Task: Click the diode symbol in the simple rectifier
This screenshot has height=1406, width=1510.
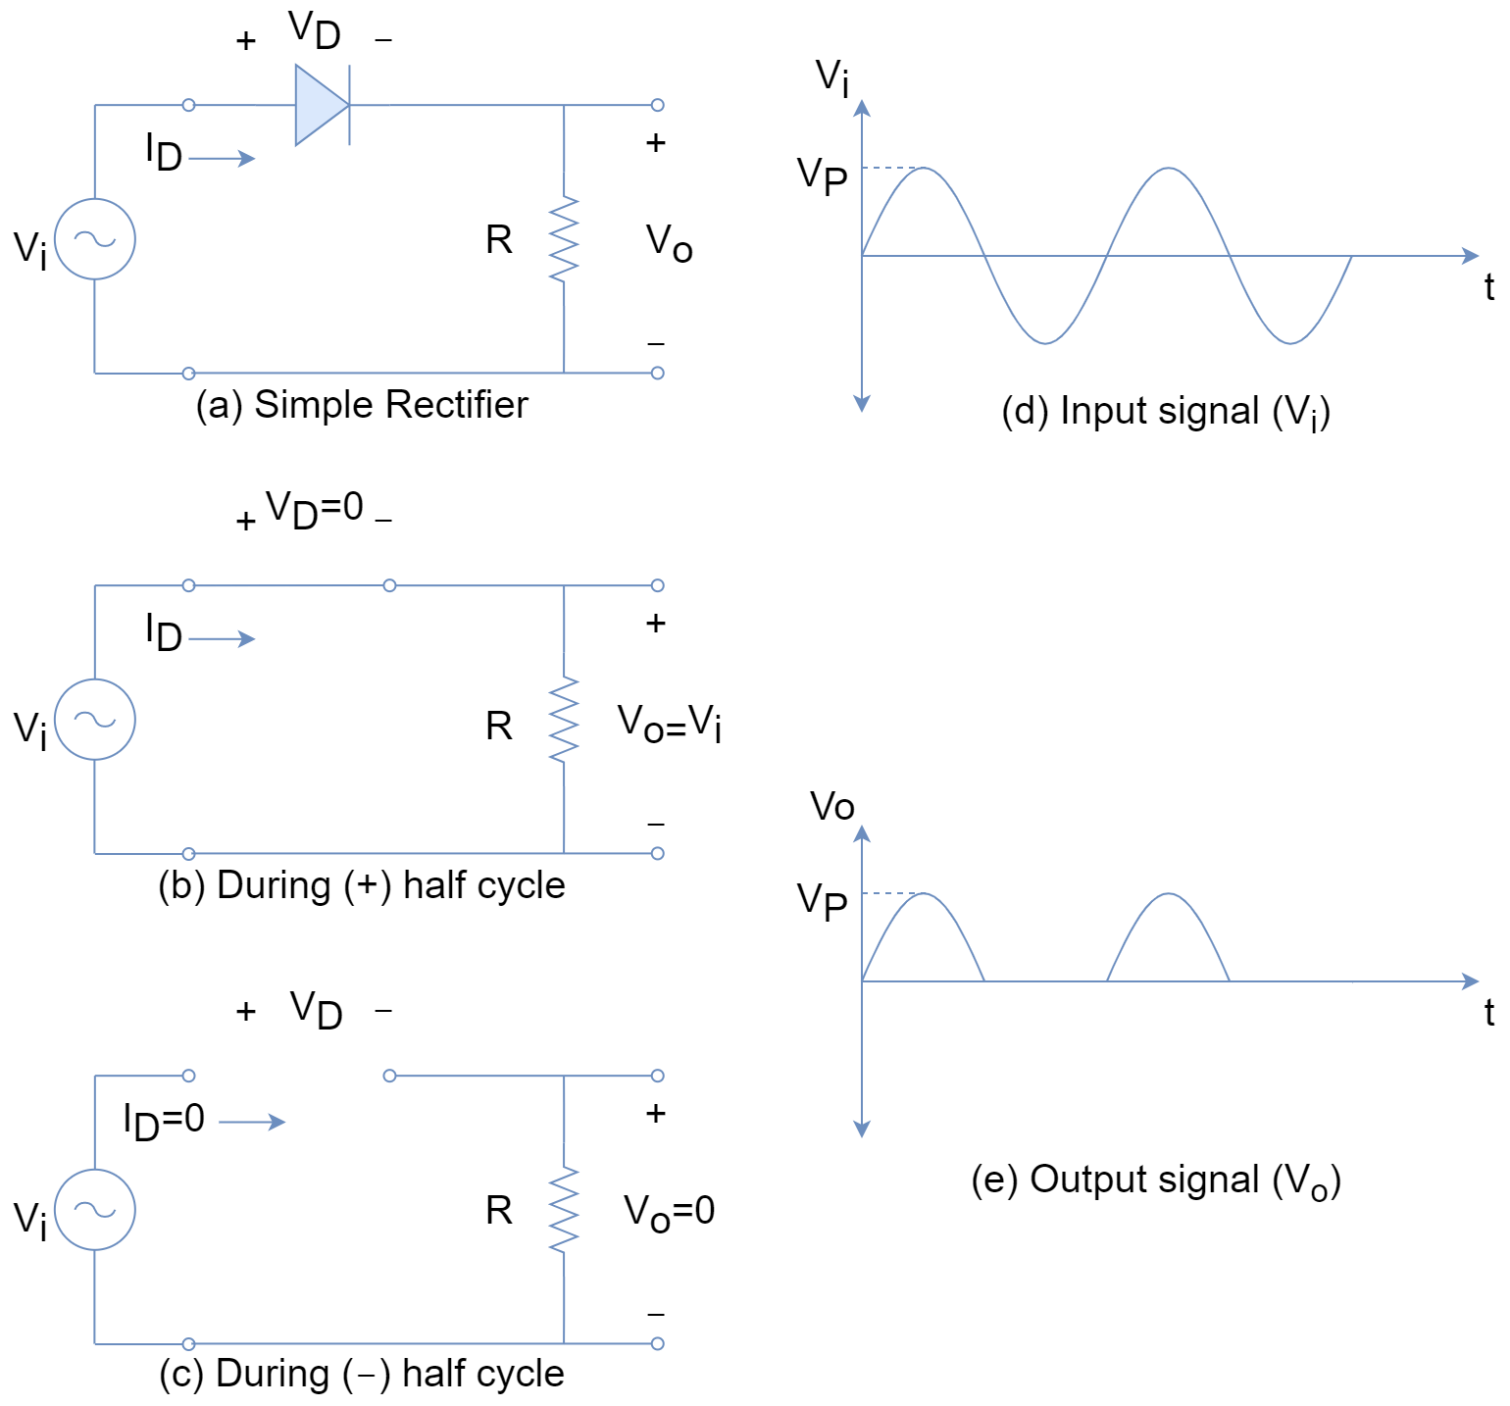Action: pos(322,105)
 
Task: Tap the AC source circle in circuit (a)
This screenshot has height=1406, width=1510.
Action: pos(95,239)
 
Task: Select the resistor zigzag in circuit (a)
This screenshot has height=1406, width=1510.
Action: pos(564,239)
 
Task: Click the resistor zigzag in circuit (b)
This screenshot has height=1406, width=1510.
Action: pos(564,720)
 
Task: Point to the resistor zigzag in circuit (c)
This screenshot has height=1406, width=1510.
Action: pos(564,1210)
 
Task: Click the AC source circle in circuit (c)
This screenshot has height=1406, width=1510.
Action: pos(95,1210)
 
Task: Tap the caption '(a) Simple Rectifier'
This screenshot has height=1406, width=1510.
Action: pos(362,405)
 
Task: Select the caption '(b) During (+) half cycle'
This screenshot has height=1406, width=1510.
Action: pos(362,885)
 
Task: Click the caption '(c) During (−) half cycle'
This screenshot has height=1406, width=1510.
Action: pos(362,1374)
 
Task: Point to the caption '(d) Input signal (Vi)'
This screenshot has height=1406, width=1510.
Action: pos(1166,412)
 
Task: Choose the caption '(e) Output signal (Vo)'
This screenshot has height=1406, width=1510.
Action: pos(1156,1180)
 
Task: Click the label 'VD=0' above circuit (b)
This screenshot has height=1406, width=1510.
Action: pos(315,510)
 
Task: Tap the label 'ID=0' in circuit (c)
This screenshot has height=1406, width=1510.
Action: pos(164,1121)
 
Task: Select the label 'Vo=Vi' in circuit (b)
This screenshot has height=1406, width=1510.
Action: pos(670,724)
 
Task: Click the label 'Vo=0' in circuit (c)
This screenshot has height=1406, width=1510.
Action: pos(670,1212)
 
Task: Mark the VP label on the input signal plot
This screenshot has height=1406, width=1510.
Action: pos(822,176)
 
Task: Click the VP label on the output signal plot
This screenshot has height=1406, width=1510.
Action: pos(822,900)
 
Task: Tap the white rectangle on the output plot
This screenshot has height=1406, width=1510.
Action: pos(1166,1040)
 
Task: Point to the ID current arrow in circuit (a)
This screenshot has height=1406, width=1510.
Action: pos(222,159)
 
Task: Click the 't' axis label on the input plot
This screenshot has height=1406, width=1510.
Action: pos(1489,287)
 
